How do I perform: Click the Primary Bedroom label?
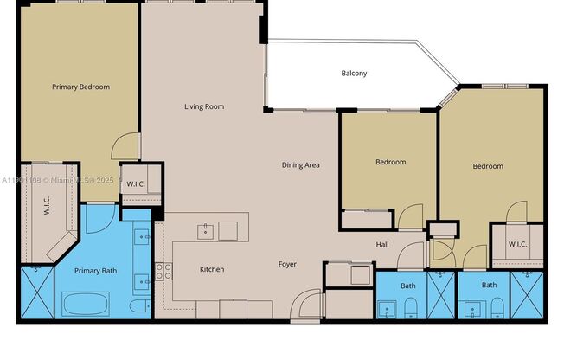point(80,87)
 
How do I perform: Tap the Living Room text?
point(204,107)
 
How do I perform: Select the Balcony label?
point(353,74)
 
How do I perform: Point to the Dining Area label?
point(301,164)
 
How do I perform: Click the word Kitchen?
point(212,269)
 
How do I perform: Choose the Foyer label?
point(287,264)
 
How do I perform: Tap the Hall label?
point(382,245)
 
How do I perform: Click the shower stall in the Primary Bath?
point(35,294)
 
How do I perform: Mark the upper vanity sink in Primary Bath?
point(144,235)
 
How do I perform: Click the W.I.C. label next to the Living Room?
point(136,183)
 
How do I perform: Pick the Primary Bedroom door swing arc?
point(127,145)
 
